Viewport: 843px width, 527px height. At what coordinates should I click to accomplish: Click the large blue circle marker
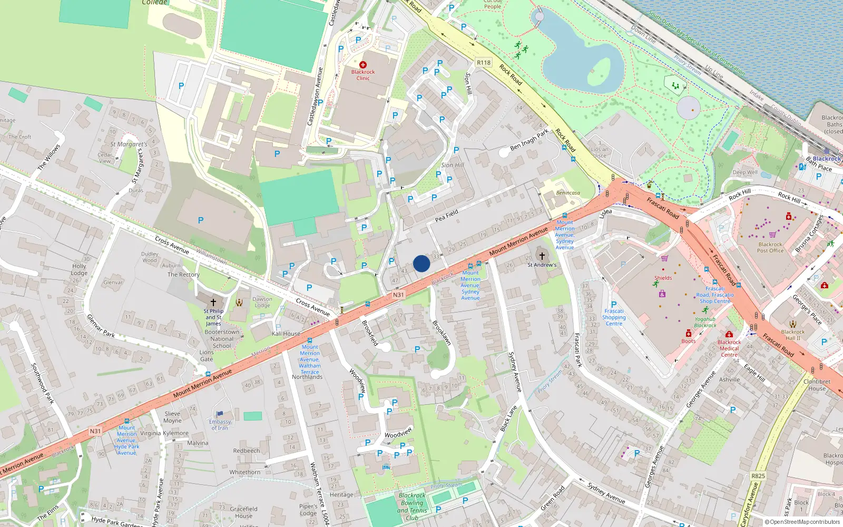421,263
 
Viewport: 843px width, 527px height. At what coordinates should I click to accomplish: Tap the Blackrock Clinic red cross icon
363,65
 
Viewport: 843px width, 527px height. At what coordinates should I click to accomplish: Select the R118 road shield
483,62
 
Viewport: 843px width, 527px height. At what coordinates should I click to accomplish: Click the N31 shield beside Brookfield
398,295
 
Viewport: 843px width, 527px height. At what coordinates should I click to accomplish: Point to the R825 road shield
758,476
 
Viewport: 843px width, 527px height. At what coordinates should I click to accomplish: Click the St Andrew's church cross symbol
542,256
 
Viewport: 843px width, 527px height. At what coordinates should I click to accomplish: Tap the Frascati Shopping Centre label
614,317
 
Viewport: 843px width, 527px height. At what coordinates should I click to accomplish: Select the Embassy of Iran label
220,425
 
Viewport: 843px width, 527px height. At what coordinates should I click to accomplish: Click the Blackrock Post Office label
770,247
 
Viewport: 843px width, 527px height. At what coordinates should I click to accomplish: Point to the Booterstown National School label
222,339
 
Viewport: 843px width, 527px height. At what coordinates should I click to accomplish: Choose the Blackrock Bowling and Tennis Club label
412,506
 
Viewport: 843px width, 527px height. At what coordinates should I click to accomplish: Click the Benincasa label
568,193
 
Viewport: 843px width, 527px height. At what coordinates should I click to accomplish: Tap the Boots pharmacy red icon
688,333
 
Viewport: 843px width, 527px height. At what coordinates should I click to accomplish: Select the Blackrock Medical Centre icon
729,334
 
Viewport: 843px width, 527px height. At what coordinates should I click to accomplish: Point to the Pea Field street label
446,215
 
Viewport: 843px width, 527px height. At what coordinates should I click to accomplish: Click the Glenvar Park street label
100,326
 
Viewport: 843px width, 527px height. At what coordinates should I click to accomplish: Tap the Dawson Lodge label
262,302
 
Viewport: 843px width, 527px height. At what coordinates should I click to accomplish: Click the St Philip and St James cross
213,302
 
